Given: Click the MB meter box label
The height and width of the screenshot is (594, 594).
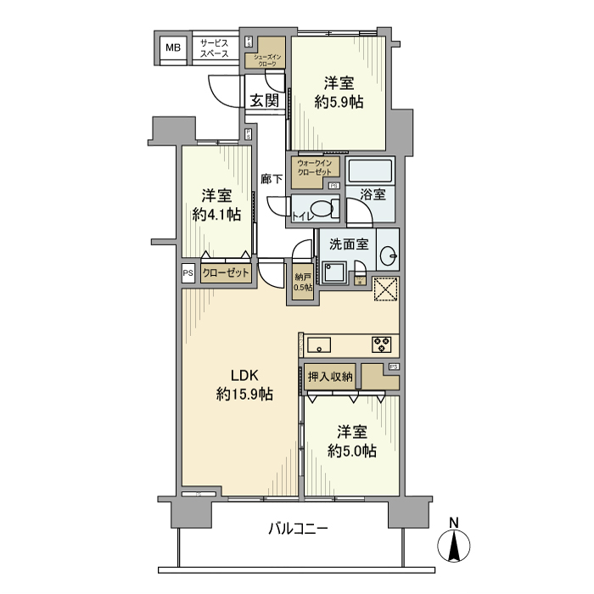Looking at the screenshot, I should [173, 48].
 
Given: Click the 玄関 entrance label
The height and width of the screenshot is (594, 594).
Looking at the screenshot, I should [264, 100].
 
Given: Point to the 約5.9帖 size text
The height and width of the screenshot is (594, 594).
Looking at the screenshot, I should [339, 102].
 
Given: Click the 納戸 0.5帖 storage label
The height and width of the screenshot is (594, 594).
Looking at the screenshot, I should [303, 282].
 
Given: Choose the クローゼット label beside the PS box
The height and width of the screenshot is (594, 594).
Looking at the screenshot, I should [226, 273].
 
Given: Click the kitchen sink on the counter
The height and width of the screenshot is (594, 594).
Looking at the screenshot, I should [320, 345].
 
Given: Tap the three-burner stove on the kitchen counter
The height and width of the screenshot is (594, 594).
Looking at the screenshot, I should [381, 345].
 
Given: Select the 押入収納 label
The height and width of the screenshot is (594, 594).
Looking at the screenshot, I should [330, 376].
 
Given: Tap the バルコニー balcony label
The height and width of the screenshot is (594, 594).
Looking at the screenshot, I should [297, 529].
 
